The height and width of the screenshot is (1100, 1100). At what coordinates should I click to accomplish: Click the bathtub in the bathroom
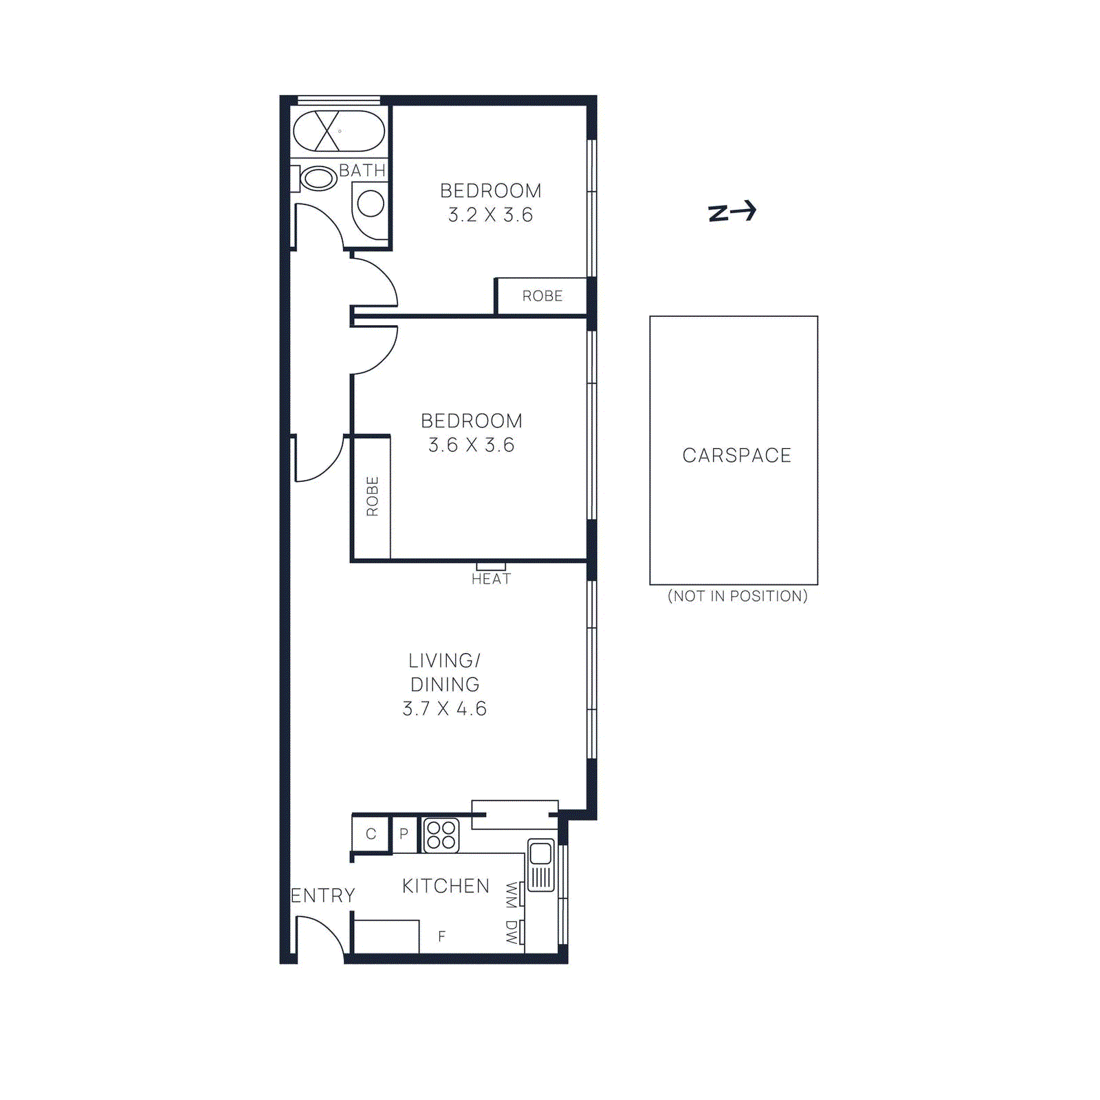338,131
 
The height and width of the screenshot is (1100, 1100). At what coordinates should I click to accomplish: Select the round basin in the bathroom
371,204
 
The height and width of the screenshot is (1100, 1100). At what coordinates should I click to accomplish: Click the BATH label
362,170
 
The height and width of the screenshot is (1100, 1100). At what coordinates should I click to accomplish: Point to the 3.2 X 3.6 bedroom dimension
490,215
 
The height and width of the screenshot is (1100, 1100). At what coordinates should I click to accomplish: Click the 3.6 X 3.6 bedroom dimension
471,445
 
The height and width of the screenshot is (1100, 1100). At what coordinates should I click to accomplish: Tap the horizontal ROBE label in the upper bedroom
542,296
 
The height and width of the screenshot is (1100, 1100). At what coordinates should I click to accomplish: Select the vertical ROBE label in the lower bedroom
372,496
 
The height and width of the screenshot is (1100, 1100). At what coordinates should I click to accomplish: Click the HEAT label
491,580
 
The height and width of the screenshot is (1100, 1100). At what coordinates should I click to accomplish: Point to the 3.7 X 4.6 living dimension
444,709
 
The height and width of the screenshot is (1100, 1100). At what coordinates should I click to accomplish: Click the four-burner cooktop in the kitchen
441,835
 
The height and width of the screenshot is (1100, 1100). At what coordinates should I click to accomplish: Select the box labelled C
371,834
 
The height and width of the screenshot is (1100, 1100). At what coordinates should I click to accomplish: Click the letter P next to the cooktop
404,834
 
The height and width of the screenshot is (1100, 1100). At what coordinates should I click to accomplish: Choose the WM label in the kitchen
511,894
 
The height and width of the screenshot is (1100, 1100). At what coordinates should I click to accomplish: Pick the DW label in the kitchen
511,932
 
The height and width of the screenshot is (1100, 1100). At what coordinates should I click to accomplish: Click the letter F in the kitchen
441,936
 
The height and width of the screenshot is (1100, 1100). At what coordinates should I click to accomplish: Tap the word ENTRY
322,896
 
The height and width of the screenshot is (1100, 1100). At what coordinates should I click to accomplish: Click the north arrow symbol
732,211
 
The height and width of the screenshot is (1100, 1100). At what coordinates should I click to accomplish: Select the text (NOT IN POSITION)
737,596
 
